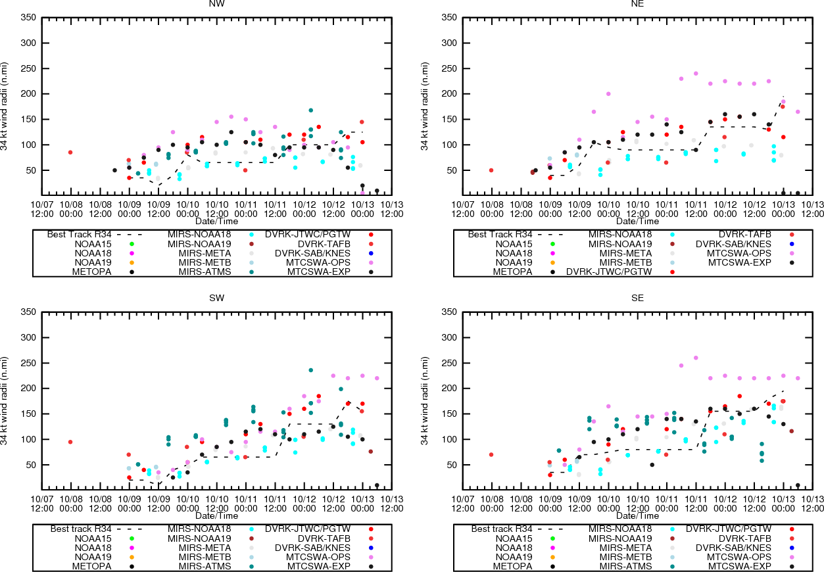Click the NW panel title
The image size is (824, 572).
216,4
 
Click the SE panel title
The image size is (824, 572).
637,298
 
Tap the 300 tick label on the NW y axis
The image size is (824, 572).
28,43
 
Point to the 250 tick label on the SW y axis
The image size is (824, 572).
28,363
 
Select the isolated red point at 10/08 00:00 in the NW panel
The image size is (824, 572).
70,153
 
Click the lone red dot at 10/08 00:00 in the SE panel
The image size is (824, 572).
491,455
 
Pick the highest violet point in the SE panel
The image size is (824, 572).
696,358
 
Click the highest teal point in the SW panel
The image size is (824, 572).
311,370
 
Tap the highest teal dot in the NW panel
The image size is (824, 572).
311,110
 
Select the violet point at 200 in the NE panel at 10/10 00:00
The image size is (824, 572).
608,94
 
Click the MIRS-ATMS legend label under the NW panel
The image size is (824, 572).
205,272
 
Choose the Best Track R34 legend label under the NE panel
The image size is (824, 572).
500,234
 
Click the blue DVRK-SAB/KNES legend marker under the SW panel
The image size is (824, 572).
371,548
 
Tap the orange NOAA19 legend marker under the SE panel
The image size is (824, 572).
552,557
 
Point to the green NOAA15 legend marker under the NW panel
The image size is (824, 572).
132,244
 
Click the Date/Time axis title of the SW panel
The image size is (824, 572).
216,515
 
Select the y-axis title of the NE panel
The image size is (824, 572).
425,107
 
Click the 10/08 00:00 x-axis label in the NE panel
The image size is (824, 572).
492,209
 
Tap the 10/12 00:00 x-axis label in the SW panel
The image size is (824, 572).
304,504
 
